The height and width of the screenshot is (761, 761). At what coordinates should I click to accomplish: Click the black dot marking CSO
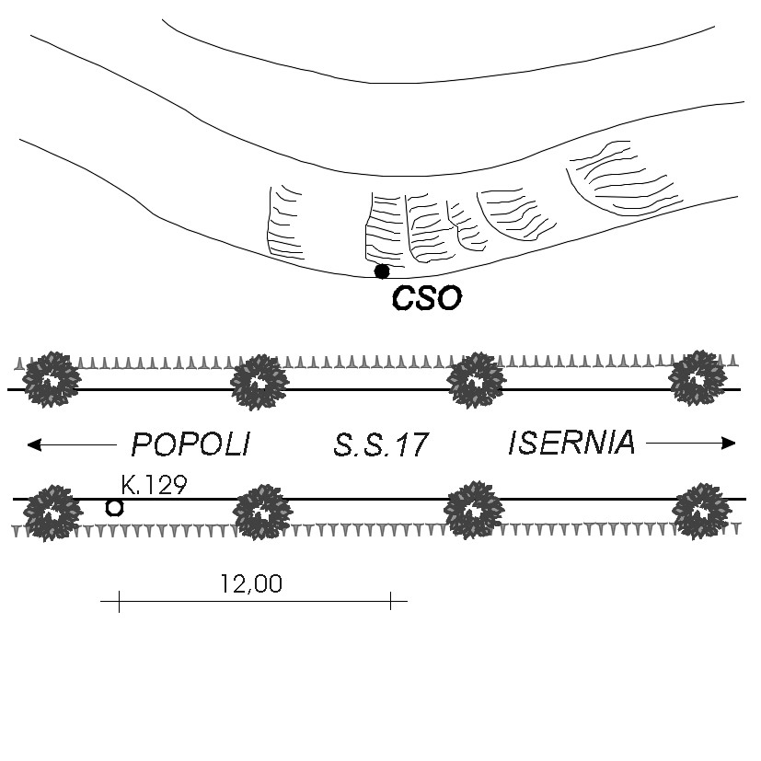(382, 271)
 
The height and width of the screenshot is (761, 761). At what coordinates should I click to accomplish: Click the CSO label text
(427, 298)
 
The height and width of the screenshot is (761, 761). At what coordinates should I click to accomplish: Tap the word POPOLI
(190, 444)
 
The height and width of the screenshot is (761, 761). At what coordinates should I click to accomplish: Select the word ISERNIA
(571, 442)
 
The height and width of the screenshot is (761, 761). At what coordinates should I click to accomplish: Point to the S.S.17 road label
(381, 444)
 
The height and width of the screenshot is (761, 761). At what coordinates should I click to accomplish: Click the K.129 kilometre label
(154, 484)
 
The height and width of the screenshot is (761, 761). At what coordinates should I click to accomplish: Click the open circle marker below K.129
(114, 508)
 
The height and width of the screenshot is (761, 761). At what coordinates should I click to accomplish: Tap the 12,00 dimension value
(251, 583)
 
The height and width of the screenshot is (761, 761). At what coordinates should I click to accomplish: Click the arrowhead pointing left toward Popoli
(34, 444)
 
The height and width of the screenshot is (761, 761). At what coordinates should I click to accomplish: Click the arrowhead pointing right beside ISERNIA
(729, 444)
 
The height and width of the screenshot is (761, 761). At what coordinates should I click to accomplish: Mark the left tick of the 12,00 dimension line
(119, 601)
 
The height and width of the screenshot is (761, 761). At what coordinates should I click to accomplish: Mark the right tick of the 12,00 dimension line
(391, 601)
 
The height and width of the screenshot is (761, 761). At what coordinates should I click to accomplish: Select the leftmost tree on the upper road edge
(52, 379)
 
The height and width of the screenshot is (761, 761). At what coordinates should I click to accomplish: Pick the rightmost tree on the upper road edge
(698, 378)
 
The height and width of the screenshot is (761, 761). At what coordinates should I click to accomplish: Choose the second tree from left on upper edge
(259, 383)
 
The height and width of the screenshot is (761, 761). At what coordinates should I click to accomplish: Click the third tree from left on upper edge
(476, 381)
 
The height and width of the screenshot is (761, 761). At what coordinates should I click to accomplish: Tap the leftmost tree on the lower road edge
(50, 513)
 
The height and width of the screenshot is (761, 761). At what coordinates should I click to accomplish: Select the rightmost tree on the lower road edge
(701, 512)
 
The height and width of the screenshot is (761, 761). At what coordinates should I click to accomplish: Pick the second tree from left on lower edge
(262, 512)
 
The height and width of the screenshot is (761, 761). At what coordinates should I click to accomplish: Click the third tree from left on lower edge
(474, 511)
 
